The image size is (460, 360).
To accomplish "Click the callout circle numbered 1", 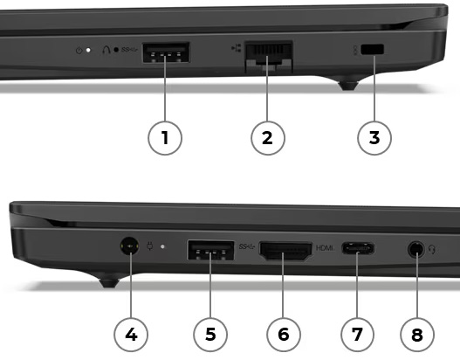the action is click(x=165, y=138).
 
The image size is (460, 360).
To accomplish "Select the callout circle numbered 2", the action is click(x=268, y=138).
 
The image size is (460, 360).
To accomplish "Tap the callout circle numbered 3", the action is click(x=374, y=138).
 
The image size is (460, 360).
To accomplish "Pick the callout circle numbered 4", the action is click(x=131, y=335).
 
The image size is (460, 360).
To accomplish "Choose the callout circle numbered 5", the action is click(x=210, y=335).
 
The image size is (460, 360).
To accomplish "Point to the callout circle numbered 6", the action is click(x=284, y=335).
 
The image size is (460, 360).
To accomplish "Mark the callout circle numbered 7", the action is click(x=357, y=335).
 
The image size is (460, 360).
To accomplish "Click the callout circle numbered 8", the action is click(x=417, y=335).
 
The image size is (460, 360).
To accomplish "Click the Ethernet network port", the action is click(x=269, y=57).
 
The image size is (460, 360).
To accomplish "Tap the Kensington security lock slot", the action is click(x=373, y=49).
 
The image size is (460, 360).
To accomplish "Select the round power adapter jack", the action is click(x=130, y=246).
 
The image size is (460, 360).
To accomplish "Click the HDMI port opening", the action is click(x=285, y=251).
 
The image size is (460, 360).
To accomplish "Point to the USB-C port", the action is click(x=358, y=248).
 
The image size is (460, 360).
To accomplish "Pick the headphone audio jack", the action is click(x=416, y=250).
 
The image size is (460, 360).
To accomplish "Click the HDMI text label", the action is click(x=325, y=248).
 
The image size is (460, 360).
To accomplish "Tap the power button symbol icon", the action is click(x=79, y=50).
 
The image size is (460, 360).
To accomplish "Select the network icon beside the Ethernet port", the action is click(x=237, y=48).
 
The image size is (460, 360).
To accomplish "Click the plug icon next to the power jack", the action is click(x=150, y=246).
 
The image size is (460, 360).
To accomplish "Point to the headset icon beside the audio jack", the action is click(x=432, y=250).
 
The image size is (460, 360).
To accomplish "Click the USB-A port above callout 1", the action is click(x=166, y=52).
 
